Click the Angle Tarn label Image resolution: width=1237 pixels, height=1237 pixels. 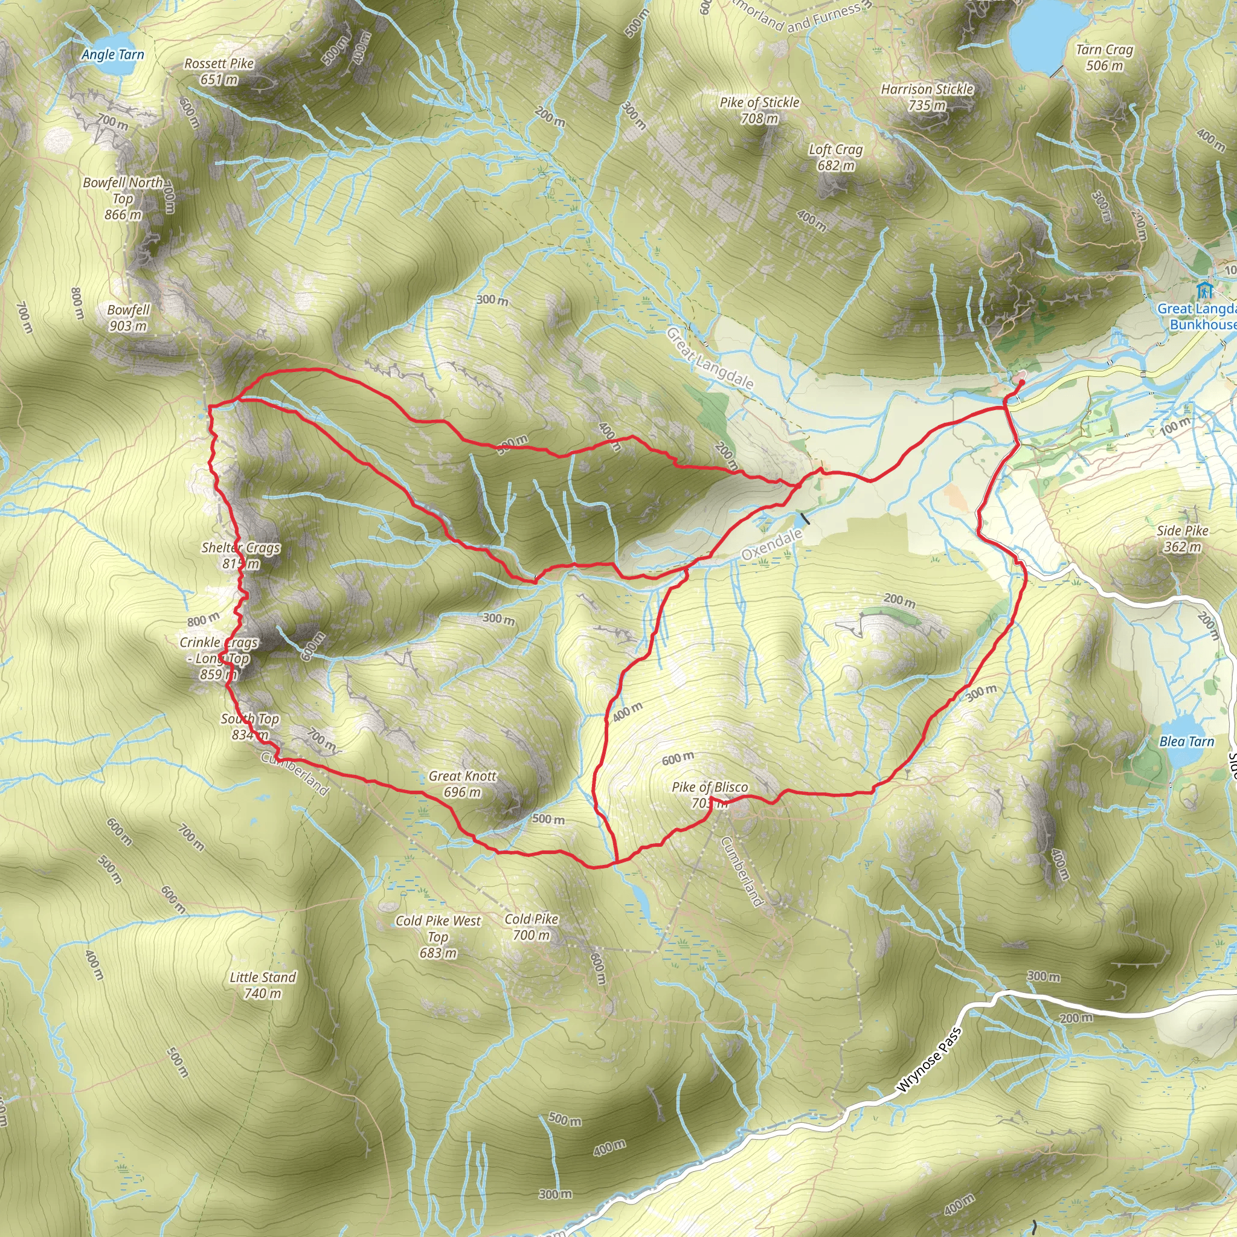[x=113, y=55]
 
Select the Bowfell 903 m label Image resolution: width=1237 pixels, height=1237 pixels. [x=128, y=318]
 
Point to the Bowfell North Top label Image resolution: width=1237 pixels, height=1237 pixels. [x=123, y=199]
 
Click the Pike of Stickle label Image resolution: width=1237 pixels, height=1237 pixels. [x=759, y=110]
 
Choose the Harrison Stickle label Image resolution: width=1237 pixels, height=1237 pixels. [x=927, y=97]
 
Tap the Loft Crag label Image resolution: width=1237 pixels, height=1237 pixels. [x=835, y=158]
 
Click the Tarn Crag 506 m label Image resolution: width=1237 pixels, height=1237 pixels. [x=1105, y=57]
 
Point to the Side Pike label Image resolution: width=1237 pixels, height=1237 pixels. [x=1183, y=538]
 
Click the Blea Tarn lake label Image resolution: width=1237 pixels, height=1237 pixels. [x=1186, y=742]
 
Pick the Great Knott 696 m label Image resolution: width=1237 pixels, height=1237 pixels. [x=462, y=783]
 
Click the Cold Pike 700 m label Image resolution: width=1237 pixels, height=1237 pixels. [x=532, y=927]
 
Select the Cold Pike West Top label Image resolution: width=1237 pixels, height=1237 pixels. [x=438, y=937]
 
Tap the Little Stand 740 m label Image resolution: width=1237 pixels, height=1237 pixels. [x=263, y=985]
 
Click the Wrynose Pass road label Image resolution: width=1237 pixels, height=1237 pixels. [x=929, y=1059]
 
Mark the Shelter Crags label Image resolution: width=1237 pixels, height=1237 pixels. [x=241, y=555]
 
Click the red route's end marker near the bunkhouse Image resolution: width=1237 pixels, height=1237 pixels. [x=1021, y=382]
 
